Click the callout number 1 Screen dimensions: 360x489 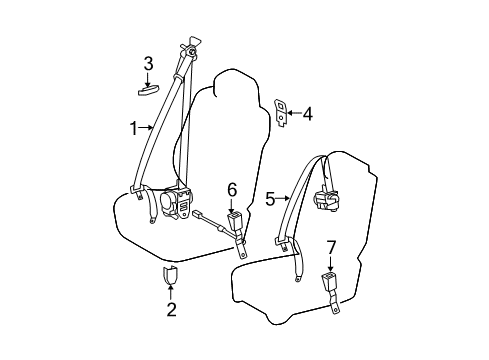[130, 127]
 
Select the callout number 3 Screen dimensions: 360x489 [147, 65]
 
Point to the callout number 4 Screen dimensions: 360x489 [308, 114]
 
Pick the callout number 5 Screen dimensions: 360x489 [270, 200]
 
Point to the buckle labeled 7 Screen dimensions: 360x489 [329, 283]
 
